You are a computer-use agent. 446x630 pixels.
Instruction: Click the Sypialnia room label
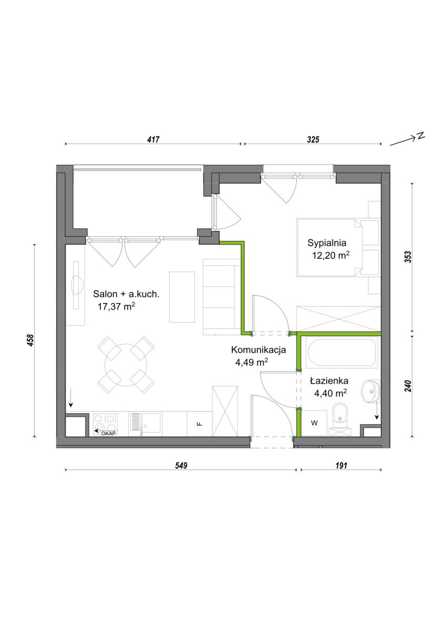(x=326, y=243)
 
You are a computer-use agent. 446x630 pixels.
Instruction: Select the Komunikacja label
(x=258, y=350)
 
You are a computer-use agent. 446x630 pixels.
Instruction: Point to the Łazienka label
(x=329, y=381)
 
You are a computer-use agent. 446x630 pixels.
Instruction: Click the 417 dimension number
(x=153, y=140)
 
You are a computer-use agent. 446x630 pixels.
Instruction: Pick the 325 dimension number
(x=313, y=140)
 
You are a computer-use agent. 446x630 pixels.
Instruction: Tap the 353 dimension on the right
(x=408, y=257)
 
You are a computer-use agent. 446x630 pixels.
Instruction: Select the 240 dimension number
(x=408, y=386)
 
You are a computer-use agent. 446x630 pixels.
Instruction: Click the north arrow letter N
(x=420, y=135)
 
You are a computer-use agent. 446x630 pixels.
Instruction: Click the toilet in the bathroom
(x=340, y=419)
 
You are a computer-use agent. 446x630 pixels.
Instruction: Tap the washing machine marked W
(x=314, y=423)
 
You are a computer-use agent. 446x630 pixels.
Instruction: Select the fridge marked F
(x=200, y=424)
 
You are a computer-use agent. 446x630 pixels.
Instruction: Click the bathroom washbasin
(x=369, y=391)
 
